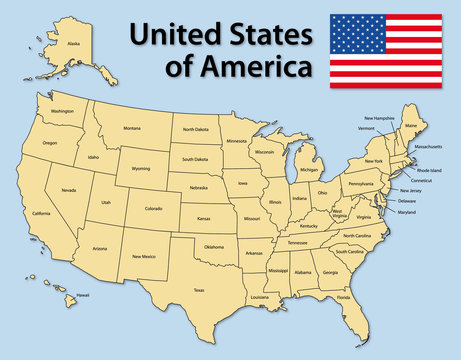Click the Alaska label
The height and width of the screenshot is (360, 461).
coord(73,44)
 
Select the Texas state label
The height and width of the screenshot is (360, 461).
coord(199,290)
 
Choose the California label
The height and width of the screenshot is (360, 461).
coord(41,214)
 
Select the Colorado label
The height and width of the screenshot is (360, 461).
coord(153,209)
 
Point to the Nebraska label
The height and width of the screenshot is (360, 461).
coord(198,188)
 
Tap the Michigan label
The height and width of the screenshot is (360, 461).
coord(309,170)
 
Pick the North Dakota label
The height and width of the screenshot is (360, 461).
coord(195,130)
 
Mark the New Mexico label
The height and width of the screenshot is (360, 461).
coord(144,256)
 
